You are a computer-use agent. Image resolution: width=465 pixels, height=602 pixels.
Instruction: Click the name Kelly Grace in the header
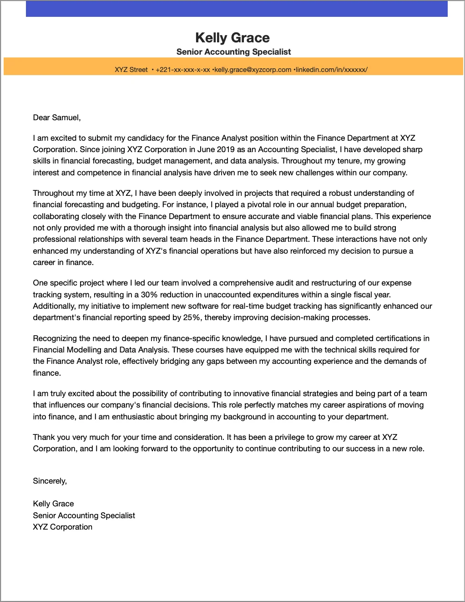232,38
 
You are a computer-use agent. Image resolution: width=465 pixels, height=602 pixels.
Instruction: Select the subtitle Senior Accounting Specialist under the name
233,52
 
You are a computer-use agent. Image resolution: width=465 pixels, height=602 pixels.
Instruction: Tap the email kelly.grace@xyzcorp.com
253,70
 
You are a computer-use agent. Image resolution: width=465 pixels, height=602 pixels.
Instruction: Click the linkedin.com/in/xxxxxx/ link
332,70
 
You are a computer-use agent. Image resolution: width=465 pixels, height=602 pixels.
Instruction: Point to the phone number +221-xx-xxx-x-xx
182,70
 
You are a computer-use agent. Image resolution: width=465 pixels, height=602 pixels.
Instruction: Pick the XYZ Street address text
131,70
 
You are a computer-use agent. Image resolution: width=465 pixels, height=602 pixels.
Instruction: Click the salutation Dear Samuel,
57,117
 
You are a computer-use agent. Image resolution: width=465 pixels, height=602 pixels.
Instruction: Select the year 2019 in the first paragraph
226,149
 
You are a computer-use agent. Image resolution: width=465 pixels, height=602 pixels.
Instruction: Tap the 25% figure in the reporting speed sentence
192,317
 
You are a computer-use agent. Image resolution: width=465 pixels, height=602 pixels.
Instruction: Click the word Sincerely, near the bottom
50,481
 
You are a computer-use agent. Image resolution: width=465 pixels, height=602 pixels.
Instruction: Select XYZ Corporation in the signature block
62,527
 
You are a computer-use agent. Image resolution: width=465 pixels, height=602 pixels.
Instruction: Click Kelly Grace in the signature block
53,504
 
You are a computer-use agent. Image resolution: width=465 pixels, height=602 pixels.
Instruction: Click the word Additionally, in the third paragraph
54,306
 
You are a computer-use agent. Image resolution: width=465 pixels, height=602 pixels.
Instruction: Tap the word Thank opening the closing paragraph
44,437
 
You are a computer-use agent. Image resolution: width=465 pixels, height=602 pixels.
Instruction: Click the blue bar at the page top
237,9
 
